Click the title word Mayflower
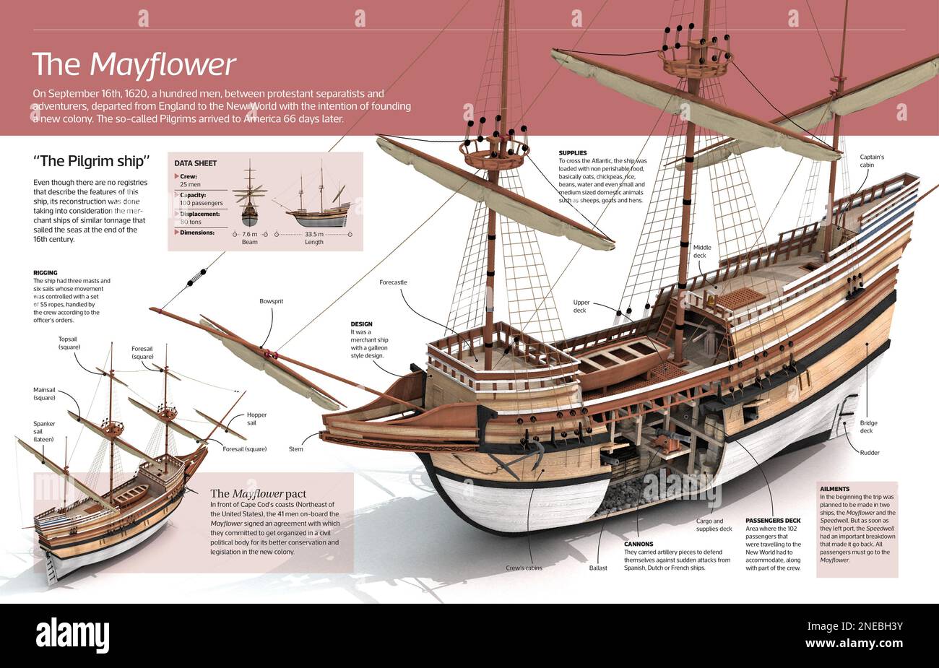point(163,65)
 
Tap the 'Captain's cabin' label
point(872,162)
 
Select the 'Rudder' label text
point(870,453)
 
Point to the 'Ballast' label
point(598,568)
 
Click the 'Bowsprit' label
point(272,300)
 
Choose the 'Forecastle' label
point(393,282)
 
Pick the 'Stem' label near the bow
point(296,449)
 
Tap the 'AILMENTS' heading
point(834,489)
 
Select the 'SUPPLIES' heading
point(576,152)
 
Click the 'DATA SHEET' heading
point(195,163)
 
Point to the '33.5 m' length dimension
point(313,234)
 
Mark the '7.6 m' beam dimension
point(249,234)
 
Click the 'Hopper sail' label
point(256,420)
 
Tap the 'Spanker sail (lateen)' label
point(44,433)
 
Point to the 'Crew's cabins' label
point(524,568)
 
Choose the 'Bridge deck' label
point(867,427)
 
